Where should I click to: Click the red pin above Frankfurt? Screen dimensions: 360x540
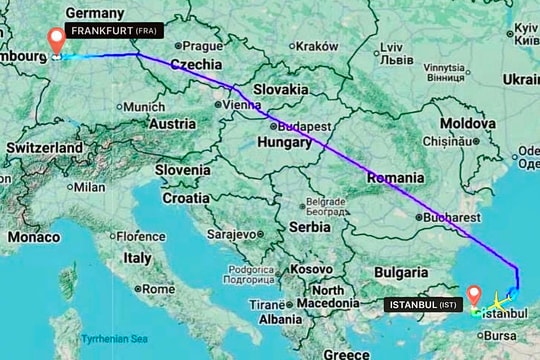[57, 40]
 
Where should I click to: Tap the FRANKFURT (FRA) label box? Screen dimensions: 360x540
[118, 31]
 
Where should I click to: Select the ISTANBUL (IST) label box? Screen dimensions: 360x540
[424, 303]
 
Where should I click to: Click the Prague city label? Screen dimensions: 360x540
[202, 46]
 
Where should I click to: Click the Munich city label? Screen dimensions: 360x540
[145, 107]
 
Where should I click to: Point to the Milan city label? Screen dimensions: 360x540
[89, 187]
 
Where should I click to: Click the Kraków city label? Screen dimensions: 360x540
[317, 46]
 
